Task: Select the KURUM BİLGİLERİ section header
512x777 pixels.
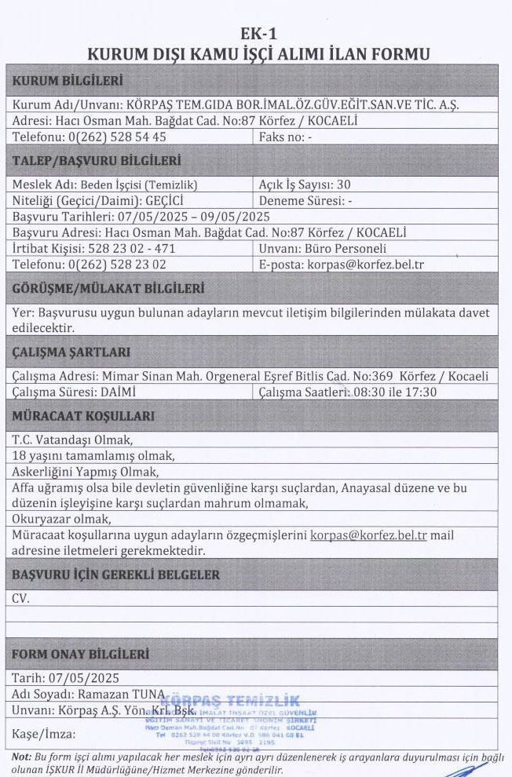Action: pos(67,80)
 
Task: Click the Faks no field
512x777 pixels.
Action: pos(285,137)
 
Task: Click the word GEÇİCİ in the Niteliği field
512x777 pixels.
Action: pos(171,200)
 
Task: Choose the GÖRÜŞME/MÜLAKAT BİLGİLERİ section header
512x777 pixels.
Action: pos(108,288)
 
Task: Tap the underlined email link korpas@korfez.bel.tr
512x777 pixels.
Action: pos(368,535)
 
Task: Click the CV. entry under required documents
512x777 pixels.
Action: pos(20,598)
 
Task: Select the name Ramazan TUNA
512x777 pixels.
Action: pos(119,694)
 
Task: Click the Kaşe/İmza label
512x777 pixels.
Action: pos(44,735)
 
